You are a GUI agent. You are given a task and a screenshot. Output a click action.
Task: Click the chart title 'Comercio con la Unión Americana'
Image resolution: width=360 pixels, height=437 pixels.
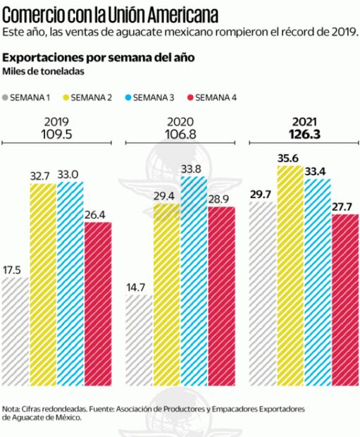tap(110, 13)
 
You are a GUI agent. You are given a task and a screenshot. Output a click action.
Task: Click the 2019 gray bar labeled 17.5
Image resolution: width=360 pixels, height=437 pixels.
tap(15, 331)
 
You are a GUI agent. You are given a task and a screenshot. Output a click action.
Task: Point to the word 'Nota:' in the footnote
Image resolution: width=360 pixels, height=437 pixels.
tap(13, 408)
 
